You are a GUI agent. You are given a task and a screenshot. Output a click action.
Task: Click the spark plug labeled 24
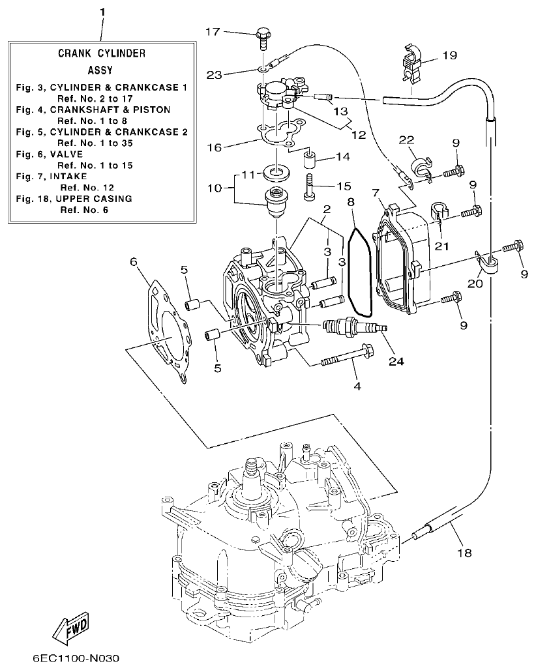pyautogui.click(x=352, y=325)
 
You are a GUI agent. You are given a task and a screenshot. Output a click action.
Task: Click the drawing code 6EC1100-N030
pyautogui.click(x=66, y=658)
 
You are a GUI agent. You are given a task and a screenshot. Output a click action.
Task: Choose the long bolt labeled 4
pyautogui.click(x=345, y=359)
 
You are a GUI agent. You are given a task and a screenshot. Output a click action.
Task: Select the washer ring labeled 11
pyautogui.click(x=278, y=173)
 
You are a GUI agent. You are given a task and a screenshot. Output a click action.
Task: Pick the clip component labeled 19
pyautogui.click(x=412, y=64)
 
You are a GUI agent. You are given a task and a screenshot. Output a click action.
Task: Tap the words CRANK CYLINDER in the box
pyautogui.click(x=102, y=53)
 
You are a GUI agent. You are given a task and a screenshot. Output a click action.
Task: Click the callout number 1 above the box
pyautogui.click(x=102, y=12)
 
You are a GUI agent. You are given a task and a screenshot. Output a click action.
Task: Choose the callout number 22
pyautogui.click(x=407, y=140)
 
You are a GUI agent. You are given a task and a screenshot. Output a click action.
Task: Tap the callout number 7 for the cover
pyautogui.click(x=376, y=192)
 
